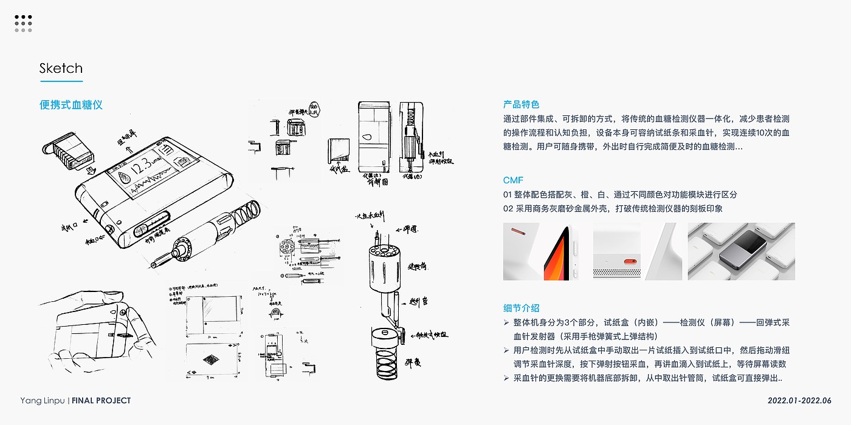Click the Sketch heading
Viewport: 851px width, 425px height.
[x=61, y=68]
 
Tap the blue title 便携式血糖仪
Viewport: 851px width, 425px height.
[x=71, y=105]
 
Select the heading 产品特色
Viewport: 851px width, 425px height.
[x=521, y=104]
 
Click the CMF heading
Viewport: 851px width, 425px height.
[x=513, y=180]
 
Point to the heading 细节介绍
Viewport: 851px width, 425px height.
[x=521, y=308]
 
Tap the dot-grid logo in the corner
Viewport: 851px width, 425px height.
[x=23, y=24]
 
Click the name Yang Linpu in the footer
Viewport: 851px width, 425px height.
[x=43, y=401]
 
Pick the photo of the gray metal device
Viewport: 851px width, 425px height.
[x=741, y=251]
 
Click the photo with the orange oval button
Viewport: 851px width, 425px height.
[x=616, y=251]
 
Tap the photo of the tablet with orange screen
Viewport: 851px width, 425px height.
[x=545, y=251]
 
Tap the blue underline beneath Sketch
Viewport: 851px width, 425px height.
[x=61, y=81]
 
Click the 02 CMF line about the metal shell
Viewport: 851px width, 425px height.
[x=612, y=208]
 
